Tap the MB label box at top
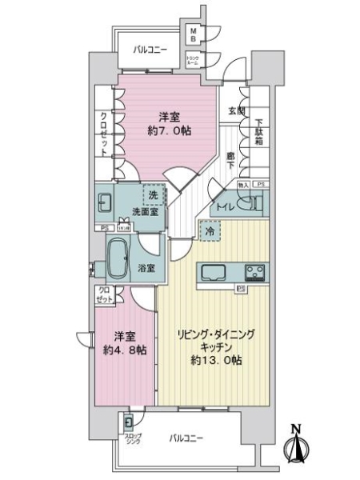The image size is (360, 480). pyautogui.click(x=193, y=34)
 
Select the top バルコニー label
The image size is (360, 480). pyautogui.click(x=150, y=50)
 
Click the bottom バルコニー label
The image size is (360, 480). pyautogui.click(x=186, y=438)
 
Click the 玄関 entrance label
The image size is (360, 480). pyautogui.click(x=236, y=111)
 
